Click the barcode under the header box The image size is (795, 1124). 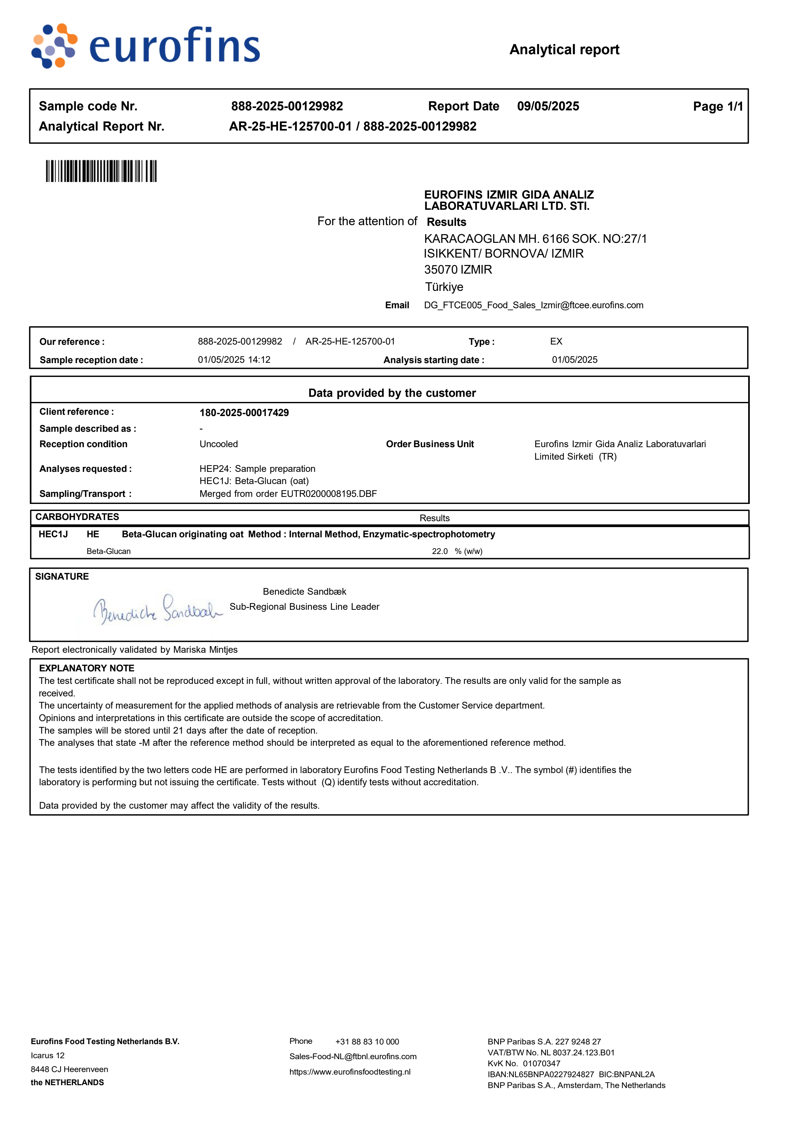click(x=101, y=171)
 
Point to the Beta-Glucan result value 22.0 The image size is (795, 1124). click(x=440, y=551)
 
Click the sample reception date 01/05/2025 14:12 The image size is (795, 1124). click(x=234, y=360)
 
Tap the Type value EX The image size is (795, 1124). click(x=556, y=341)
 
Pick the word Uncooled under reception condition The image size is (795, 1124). click(x=218, y=444)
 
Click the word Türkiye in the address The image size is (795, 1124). click(x=444, y=287)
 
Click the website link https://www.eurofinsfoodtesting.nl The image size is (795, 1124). click(x=350, y=1072)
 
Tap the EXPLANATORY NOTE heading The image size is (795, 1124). click(x=87, y=668)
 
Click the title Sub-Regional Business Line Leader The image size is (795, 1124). click(x=304, y=607)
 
